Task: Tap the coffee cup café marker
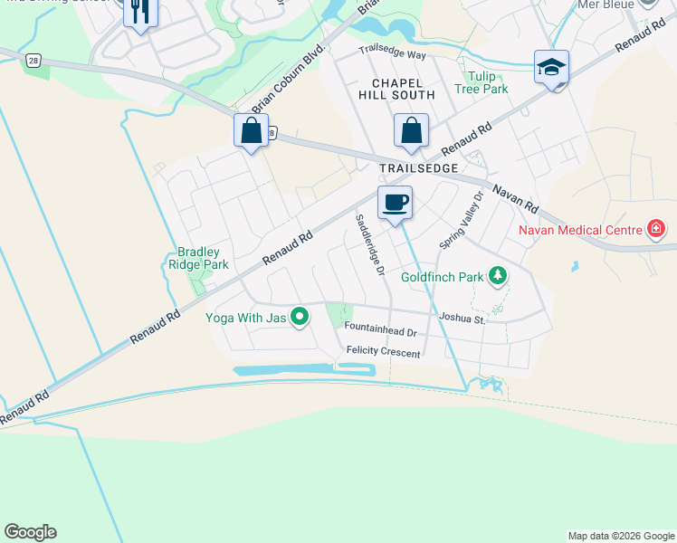395,203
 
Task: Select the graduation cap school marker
551,68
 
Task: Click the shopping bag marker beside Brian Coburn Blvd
251,130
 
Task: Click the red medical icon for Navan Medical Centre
656,229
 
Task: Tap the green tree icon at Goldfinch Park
497,274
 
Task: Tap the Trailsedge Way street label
392,53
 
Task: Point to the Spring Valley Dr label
462,220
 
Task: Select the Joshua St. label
462,318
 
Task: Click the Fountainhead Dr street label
381,333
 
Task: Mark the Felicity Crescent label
383,352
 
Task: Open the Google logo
30,532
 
